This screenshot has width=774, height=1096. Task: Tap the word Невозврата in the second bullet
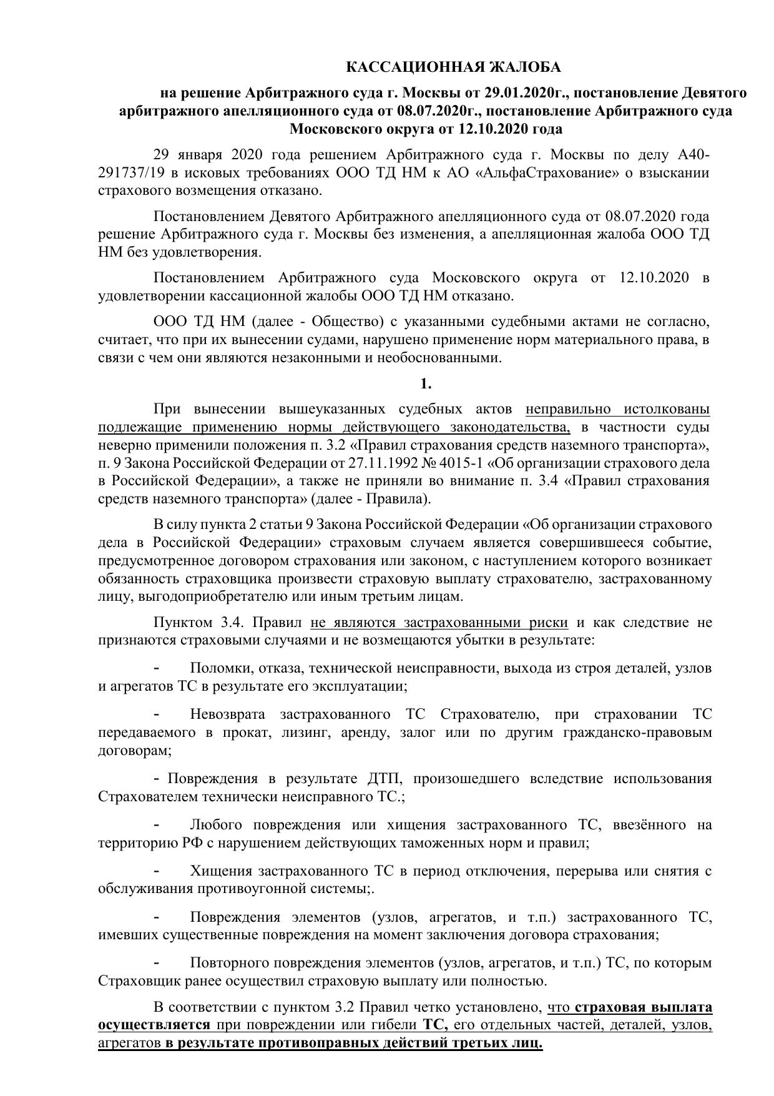227,714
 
